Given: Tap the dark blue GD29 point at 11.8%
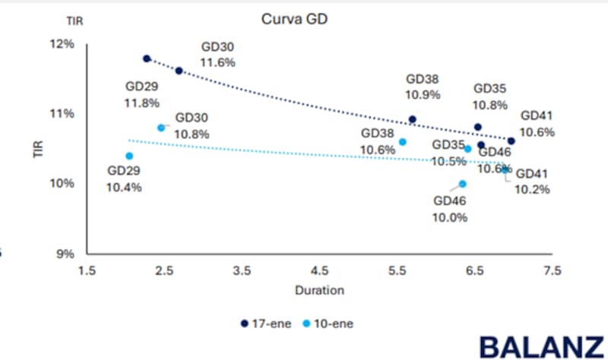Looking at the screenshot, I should coord(147,58).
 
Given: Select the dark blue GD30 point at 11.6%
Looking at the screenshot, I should coord(179,71).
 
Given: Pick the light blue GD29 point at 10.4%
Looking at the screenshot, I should coord(129,156).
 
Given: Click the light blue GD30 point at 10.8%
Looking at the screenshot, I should coord(161,128).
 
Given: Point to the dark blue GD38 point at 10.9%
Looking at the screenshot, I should coord(413,119).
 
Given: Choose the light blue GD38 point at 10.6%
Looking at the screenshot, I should coord(403,142).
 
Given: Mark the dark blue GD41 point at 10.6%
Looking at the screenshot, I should coord(511,141).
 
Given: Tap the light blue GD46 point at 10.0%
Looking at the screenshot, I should coord(463,184).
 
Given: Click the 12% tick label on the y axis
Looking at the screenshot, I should coord(64,44).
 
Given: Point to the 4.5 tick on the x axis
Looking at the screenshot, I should coord(320,270).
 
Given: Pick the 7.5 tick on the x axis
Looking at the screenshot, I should coord(553,270).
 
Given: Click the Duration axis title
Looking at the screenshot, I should coord(320,289).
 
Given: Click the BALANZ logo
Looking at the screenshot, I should coord(541,345).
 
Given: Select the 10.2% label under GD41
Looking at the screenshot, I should coord(532,189).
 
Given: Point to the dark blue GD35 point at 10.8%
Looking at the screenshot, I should coord(478,127).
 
